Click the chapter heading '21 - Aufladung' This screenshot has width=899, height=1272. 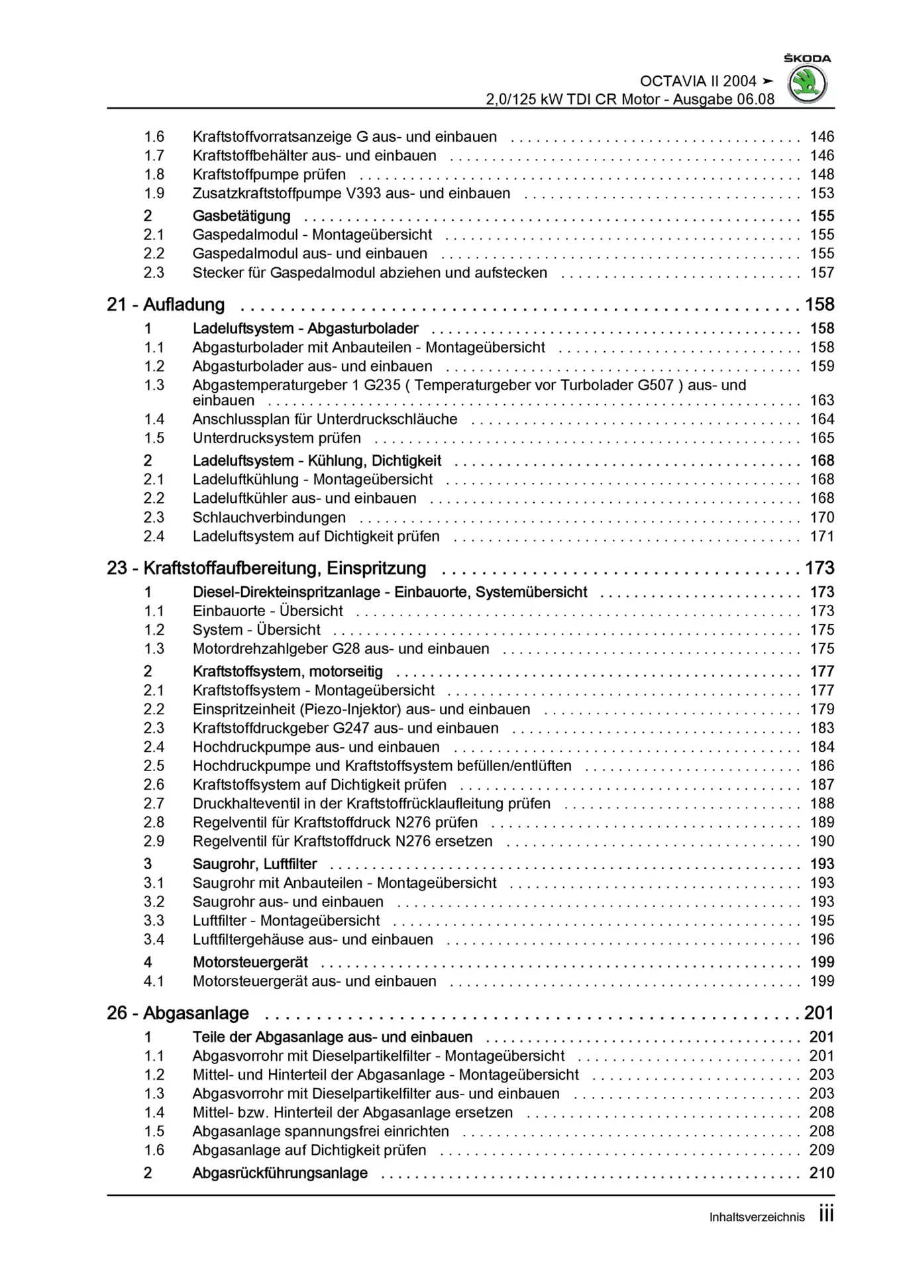166,305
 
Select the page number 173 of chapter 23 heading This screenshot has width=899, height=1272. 820,568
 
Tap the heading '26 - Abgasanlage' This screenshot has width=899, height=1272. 178,1013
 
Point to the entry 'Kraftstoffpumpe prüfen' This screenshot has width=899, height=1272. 269,175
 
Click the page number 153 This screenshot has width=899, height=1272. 821,193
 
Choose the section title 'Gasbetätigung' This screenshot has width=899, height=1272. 241,216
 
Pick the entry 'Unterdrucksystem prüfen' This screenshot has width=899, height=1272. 276,439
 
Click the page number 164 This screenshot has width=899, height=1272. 821,419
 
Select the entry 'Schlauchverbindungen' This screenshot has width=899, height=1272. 269,517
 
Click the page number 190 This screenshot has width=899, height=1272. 821,841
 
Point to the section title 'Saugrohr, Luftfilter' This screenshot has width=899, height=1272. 254,864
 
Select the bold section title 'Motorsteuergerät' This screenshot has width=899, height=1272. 250,963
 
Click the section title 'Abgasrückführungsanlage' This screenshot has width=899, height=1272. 280,1173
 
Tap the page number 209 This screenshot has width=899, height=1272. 821,1150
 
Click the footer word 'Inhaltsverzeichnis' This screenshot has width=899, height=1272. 757,1217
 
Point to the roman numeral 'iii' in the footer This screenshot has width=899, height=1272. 826,1214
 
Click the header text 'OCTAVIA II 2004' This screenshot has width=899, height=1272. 698,81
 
